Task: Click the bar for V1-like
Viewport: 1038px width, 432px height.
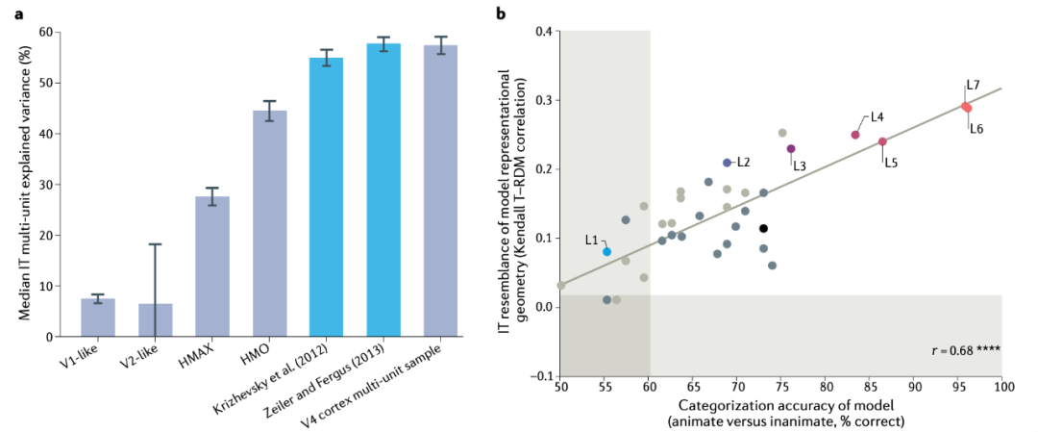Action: click(x=98, y=318)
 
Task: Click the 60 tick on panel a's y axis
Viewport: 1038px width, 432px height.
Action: click(x=47, y=32)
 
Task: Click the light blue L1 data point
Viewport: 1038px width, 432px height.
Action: click(x=607, y=251)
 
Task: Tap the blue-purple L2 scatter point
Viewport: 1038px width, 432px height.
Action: click(x=728, y=163)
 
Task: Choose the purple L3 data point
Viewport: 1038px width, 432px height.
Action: click(x=791, y=148)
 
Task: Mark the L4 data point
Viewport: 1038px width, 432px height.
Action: click(x=855, y=135)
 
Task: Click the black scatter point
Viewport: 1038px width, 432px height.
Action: click(x=763, y=228)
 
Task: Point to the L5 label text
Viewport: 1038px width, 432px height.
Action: click(x=891, y=163)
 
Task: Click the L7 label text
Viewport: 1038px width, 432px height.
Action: click(x=974, y=86)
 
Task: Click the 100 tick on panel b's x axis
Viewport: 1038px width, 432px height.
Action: click(x=1002, y=385)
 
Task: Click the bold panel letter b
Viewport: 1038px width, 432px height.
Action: click(x=500, y=13)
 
